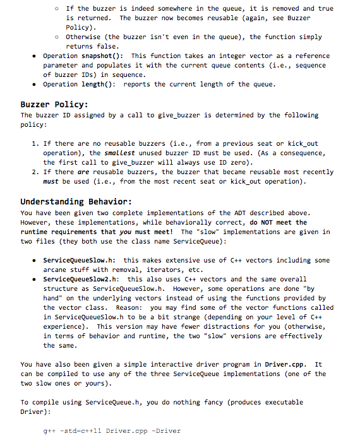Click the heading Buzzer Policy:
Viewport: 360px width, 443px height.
click(x=54, y=104)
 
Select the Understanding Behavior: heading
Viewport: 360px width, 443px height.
click(x=76, y=202)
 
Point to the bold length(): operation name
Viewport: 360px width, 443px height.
click(x=97, y=84)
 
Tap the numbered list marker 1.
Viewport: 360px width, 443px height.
click(x=35, y=144)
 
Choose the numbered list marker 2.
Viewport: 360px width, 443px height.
click(x=35, y=172)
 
